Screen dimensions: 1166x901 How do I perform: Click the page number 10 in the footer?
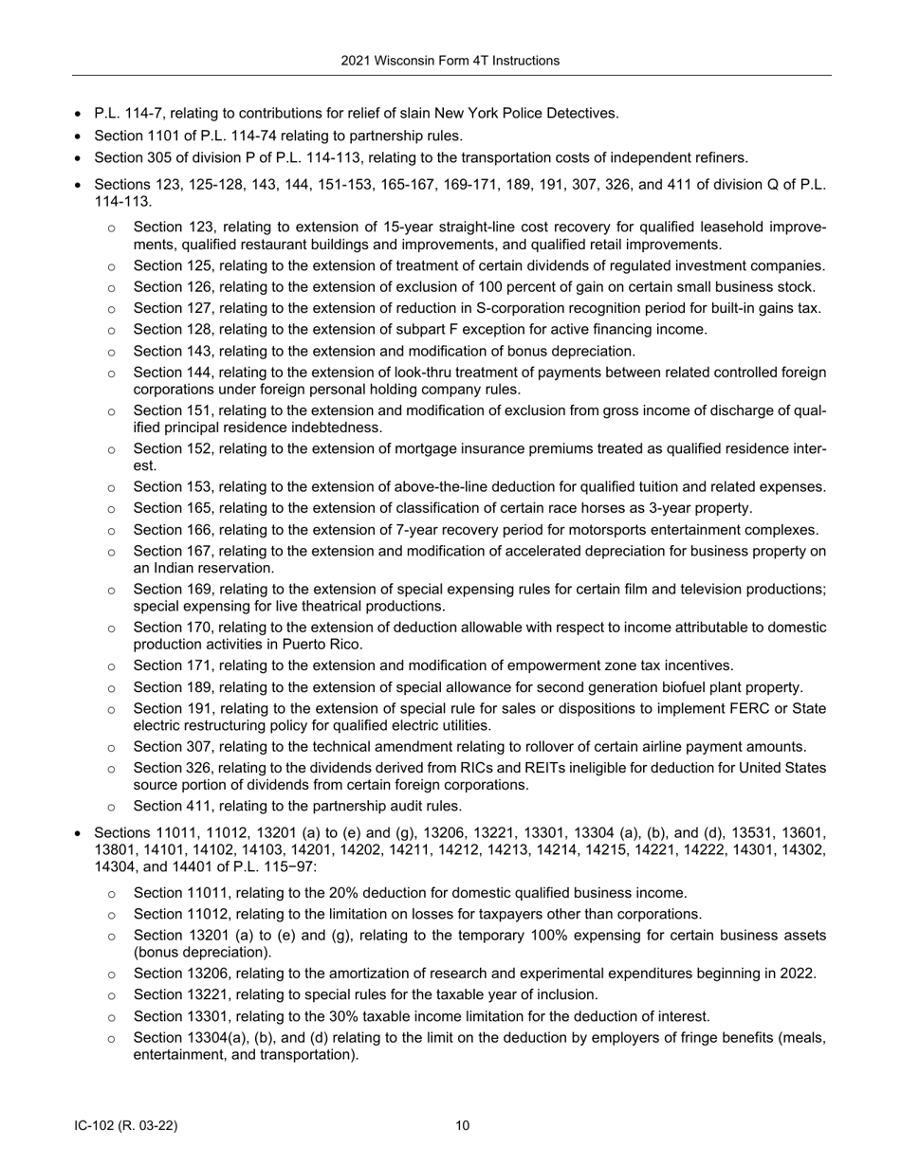tap(462, 1126)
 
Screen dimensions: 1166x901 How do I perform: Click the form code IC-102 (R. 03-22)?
tap(126, 1126)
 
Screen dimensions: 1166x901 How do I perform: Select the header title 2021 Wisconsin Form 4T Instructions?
tap(450, 61)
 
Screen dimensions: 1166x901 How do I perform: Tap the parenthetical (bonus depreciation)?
tap(202, 953)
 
